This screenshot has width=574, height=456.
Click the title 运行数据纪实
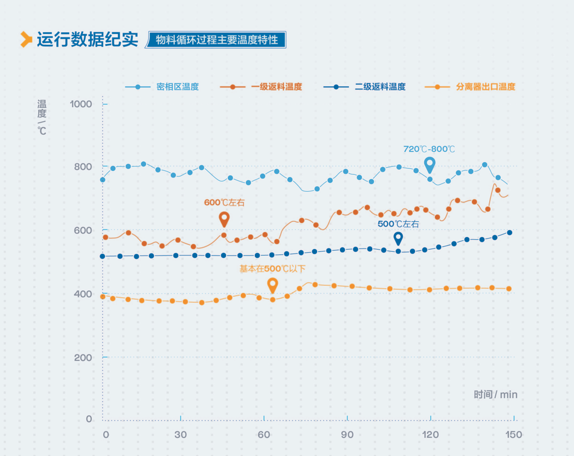click(87, 40)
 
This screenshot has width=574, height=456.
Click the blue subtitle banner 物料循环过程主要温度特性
click(217, 40)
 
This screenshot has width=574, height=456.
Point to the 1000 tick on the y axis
click(82, 104)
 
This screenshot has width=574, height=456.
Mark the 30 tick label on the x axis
click(181, 435)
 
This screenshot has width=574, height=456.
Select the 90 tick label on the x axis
click(347, 435)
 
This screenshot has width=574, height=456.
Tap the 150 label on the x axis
click(514, 435)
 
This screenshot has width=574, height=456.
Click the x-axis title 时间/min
click(495, 394)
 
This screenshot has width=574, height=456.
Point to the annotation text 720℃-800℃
click(429, 149)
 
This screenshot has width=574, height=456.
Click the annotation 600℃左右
click(224, 203)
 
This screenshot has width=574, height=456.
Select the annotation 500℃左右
click(398, 224)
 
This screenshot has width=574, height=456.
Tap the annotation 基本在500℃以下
click(272, 269)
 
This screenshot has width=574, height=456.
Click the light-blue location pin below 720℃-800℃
click(430, 164)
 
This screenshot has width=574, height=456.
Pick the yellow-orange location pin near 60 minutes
click(272, 285)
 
